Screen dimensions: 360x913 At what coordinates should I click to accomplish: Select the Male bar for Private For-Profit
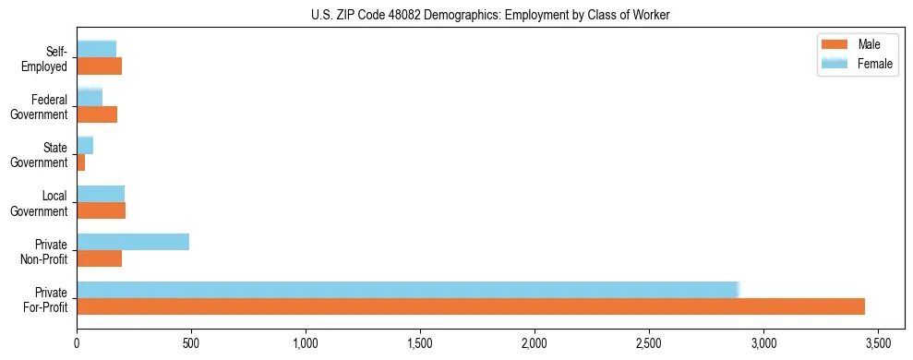(471, 306)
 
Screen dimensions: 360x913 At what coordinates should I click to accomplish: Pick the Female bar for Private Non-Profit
(133, 242)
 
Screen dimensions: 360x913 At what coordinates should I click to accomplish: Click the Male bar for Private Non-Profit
(100, 258)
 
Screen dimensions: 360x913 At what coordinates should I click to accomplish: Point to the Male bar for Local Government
(102, 210)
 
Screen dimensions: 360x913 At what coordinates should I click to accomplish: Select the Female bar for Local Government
(101, 194)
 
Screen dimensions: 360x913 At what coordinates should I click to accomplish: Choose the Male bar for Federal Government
(97, 114)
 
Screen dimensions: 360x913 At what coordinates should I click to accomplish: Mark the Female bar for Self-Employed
(97, 49)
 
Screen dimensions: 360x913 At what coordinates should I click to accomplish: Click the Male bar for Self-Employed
(100, 66)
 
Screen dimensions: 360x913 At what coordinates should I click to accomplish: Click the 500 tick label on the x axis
(191, 342)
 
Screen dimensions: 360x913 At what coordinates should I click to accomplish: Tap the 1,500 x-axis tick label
(420, 342)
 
